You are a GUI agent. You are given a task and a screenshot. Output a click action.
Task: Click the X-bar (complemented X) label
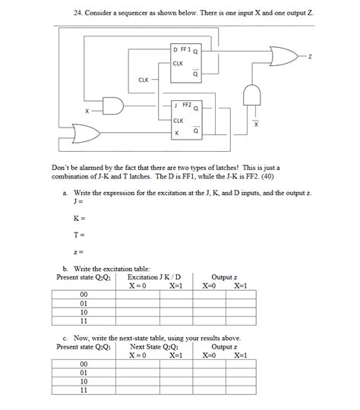click(x=255, y=124)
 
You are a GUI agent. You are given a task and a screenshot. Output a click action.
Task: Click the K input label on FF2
click(x=176, y=134)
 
